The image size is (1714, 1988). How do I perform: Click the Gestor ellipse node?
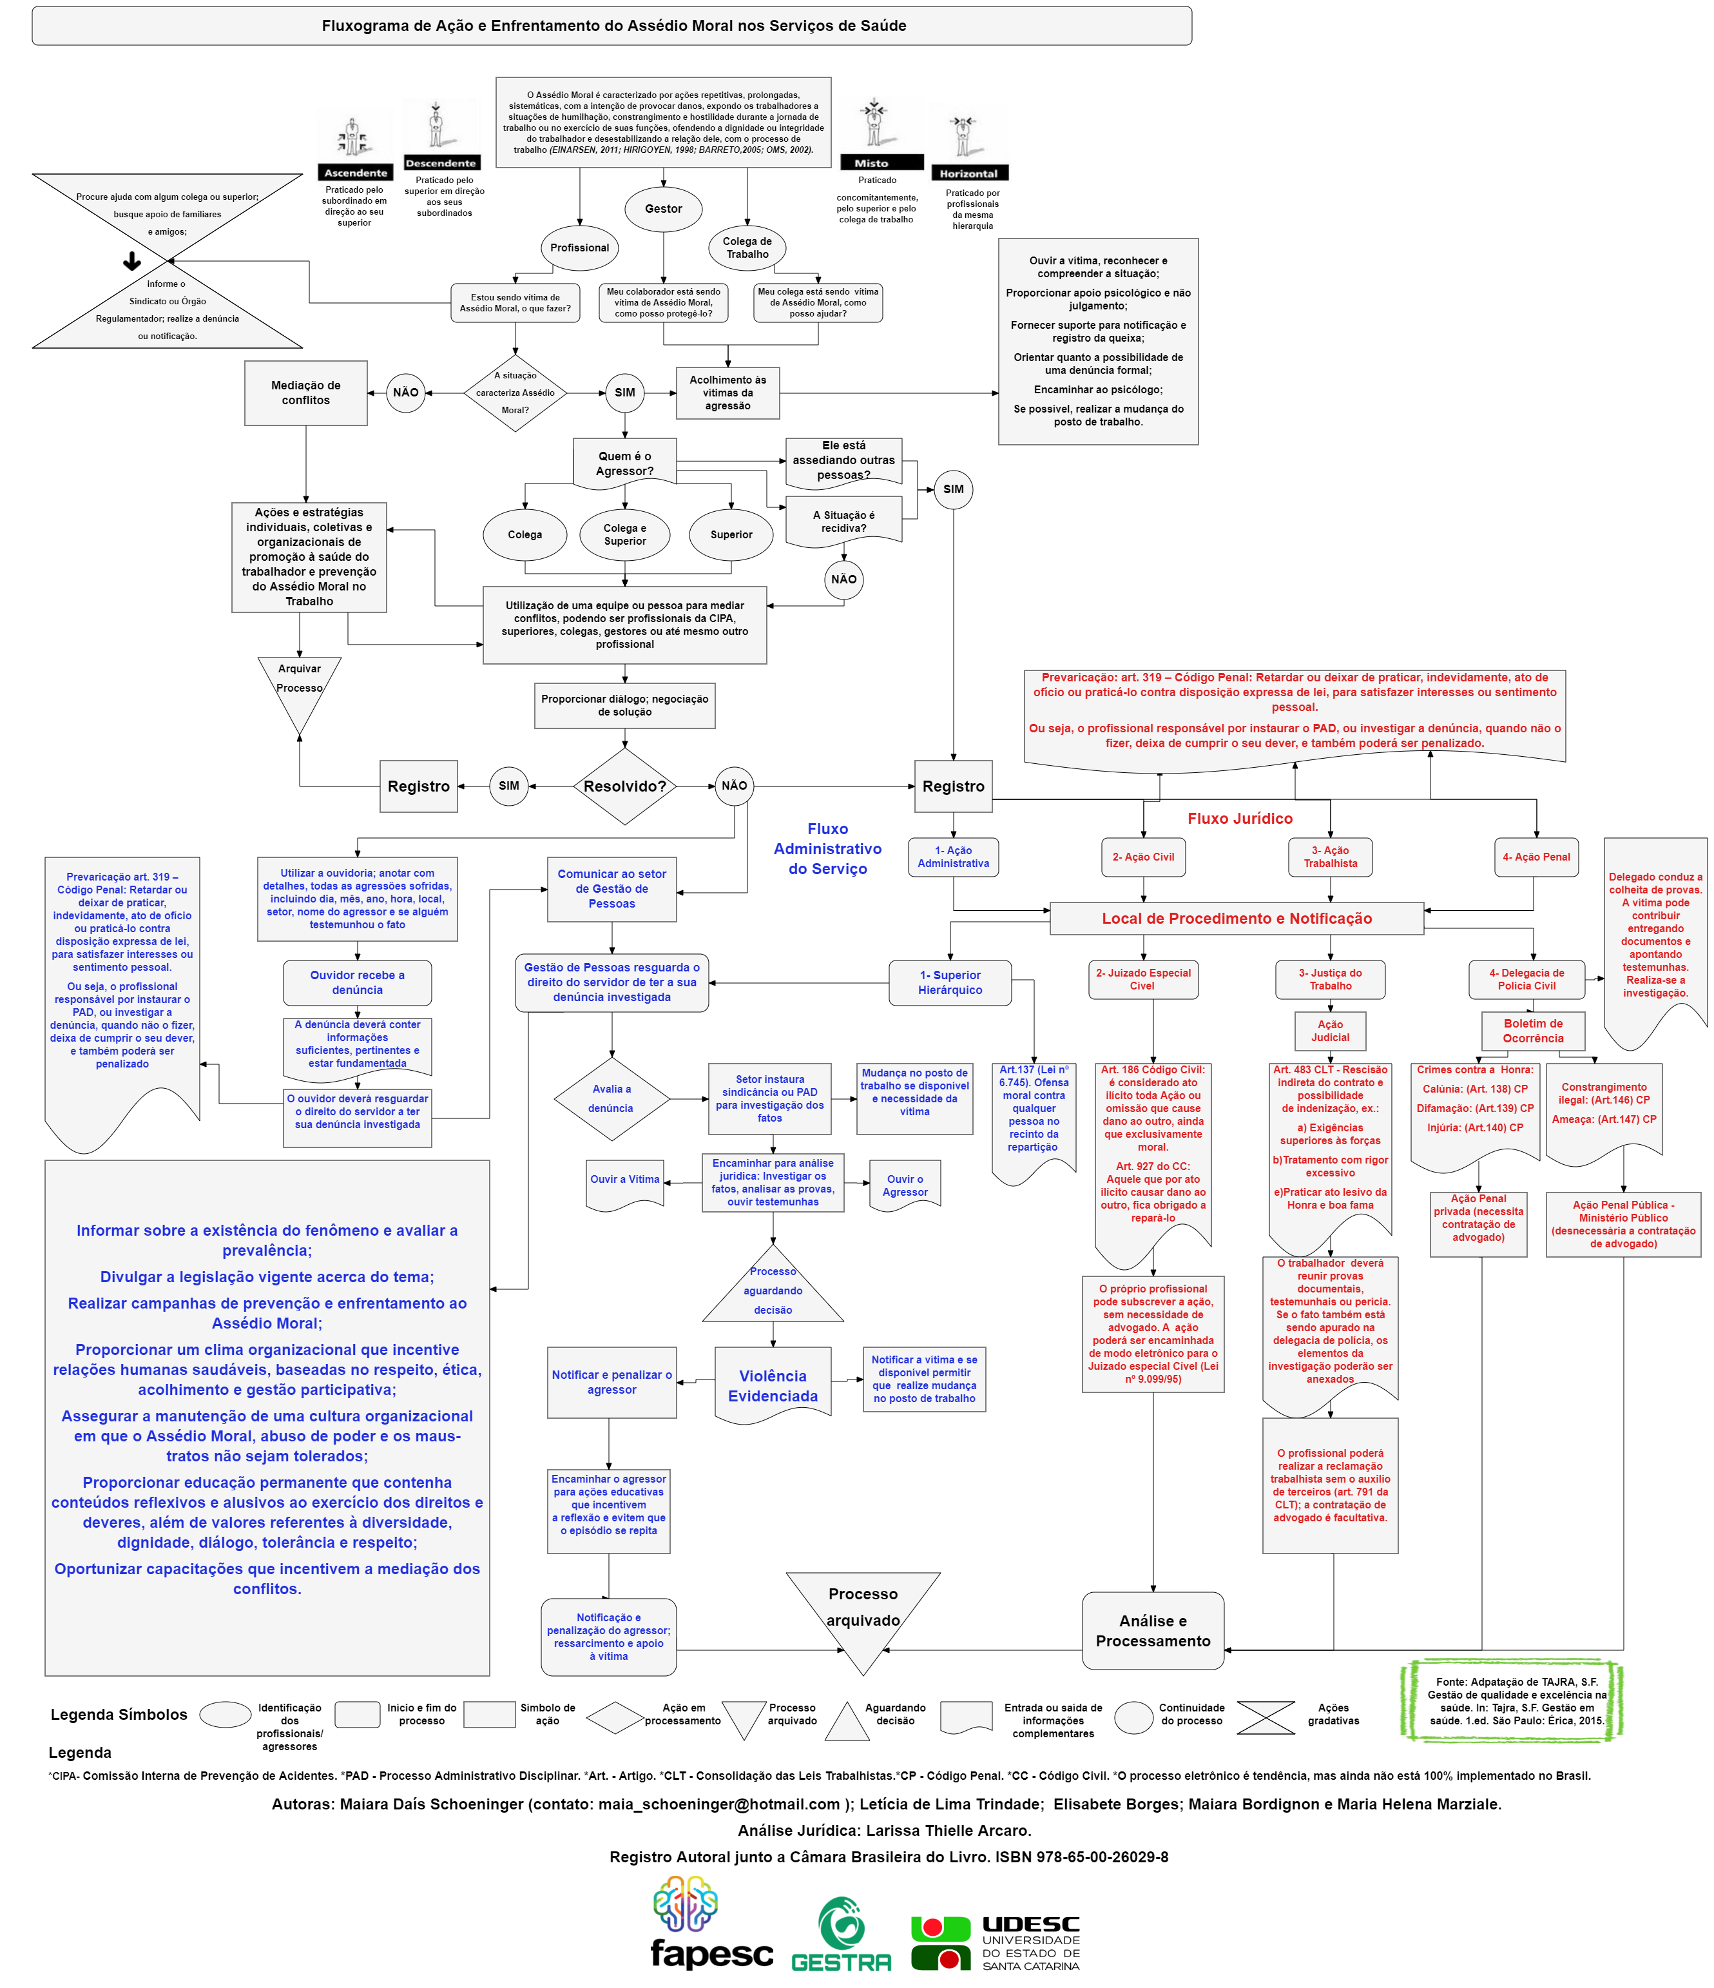(663, 209)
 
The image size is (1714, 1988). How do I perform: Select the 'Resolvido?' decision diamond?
(624, 786)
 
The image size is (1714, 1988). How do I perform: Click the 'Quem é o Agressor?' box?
(624, 463)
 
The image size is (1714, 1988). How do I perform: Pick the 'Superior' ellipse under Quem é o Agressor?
(731, 534)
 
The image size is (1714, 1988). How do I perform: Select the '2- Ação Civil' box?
(1142, 857)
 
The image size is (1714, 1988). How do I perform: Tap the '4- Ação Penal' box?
(1536, 857)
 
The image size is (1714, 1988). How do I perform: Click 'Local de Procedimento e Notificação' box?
(1237, 918)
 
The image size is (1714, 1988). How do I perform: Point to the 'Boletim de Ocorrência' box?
(1533, 1031)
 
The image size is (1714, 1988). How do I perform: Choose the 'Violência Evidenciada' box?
(773, 1385)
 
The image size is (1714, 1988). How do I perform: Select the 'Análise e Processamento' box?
(1153, 1631)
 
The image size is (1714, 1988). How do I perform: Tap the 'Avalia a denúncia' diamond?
(611, 1098)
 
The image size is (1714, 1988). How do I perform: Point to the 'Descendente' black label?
(440, 163)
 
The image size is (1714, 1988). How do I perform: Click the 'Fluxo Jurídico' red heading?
(1239, 819)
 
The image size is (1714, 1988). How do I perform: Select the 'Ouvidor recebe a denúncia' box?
(357, 982)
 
